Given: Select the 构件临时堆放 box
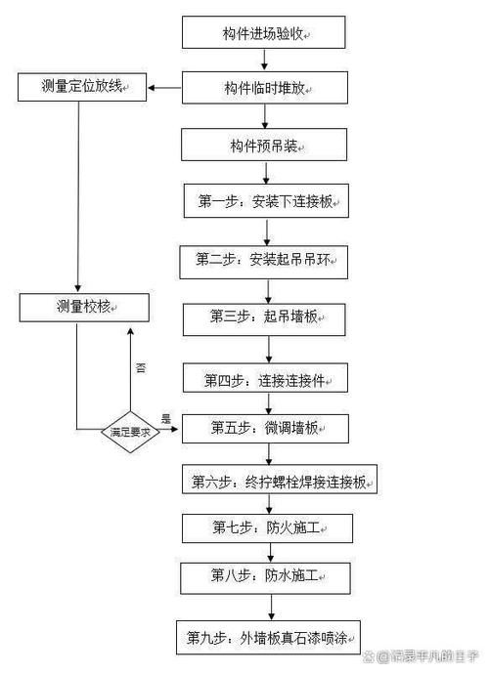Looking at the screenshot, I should point(265,89).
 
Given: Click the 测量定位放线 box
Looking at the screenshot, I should point(82,88).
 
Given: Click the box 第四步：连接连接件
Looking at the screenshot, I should point(265,377).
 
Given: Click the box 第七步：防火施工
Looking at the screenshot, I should point(265,527).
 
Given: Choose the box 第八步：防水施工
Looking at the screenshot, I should point(265,575).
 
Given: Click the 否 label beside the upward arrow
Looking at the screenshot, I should point(141,368).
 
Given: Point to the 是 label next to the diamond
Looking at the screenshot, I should point(165,419).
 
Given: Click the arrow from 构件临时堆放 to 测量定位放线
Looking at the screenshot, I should point(163,89).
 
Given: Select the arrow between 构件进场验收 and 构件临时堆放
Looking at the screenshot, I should point(265,61).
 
